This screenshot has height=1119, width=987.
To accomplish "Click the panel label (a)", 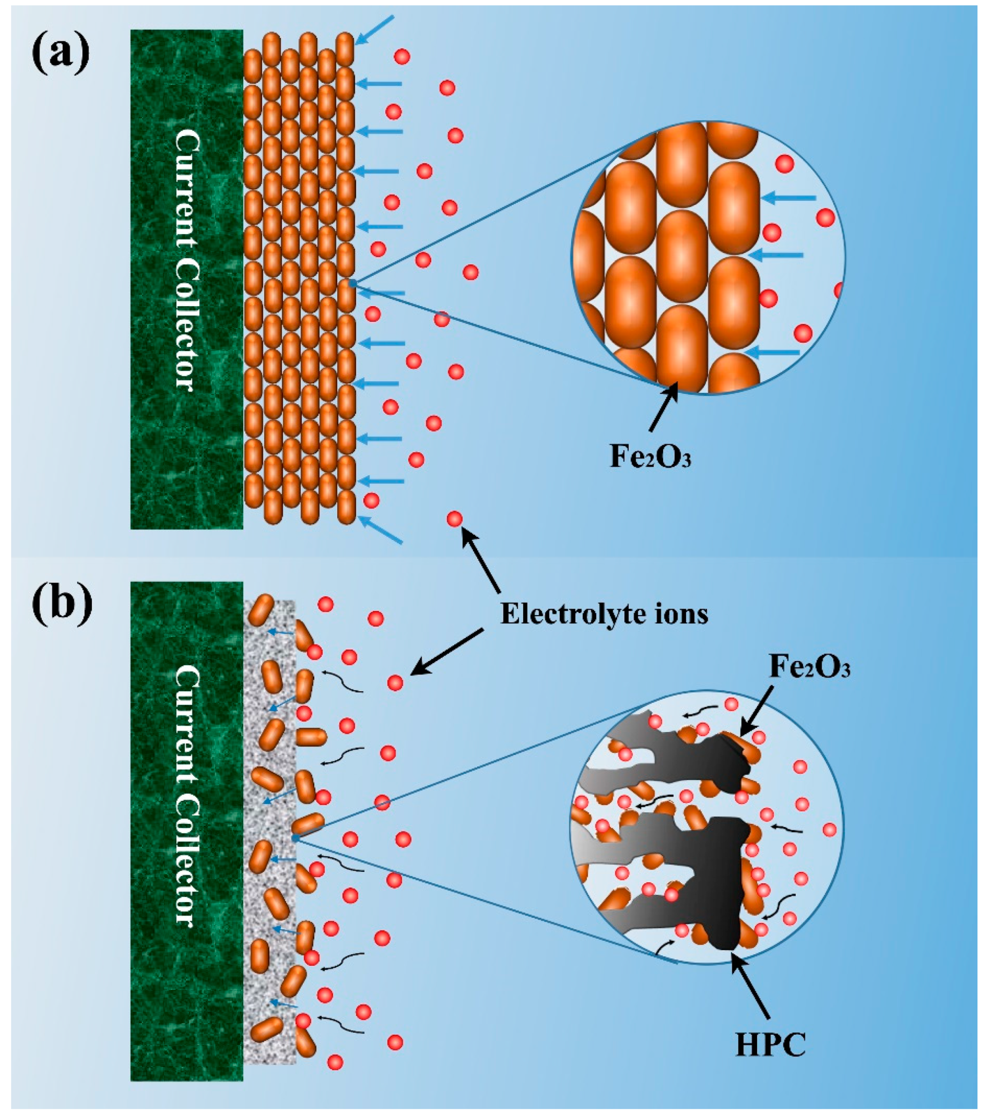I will [x=61, y=53].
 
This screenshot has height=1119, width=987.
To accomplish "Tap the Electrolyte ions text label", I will [x=604, y=614].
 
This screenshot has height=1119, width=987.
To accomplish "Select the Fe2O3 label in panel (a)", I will [x=650, y=457].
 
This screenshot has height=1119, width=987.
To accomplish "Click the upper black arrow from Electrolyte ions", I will [x=481, y=560].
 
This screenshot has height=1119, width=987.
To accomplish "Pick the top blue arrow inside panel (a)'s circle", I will [x=789, y=198].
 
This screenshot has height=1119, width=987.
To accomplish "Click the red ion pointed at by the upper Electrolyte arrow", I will [x=455, y=518].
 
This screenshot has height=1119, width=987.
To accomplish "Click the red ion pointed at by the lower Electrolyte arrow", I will [x=395, y=683].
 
